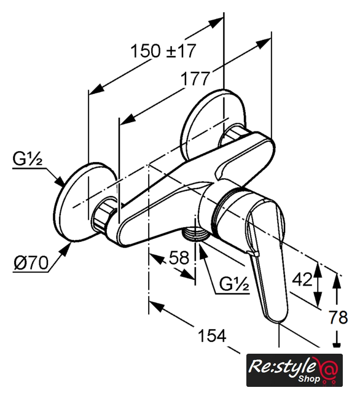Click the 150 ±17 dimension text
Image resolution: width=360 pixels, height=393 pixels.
tap(163, 51)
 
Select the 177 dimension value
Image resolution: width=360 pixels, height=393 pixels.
tap(195, 79)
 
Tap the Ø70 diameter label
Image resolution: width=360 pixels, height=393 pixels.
tap(31, 263)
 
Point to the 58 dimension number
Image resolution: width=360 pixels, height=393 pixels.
tap(179, 257)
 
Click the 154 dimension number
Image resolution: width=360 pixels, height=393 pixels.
tap(212, 336)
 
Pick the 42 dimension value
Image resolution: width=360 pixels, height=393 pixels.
tap(302, 279)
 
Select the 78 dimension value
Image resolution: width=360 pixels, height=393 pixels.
tap(338, 317)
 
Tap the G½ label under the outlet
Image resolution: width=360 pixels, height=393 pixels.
tap(234, 284)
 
